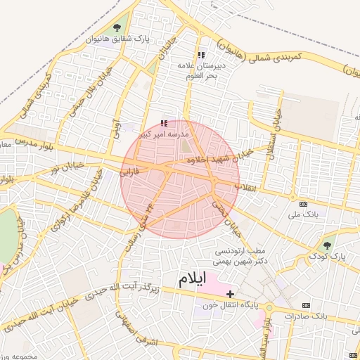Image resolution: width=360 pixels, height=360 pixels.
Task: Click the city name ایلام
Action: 193,279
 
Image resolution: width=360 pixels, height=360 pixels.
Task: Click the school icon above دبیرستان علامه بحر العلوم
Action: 200,55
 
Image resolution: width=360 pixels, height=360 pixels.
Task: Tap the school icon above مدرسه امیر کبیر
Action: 164,123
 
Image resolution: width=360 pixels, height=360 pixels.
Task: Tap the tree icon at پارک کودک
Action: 326,245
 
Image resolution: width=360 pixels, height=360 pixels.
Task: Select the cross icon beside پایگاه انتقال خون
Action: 230,292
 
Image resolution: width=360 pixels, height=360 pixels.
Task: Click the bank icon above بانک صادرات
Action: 305,305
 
